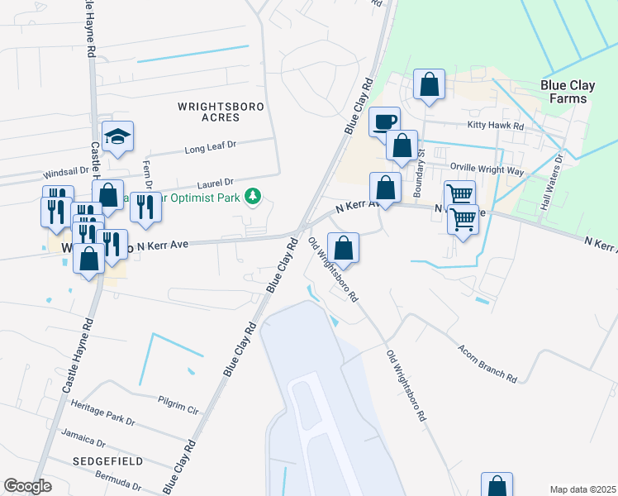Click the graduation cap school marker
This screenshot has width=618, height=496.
[118, 137]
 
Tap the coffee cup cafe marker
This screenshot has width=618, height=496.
[384, 122]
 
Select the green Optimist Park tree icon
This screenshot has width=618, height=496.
[256, 197]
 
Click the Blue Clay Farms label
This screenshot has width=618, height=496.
[564, 92]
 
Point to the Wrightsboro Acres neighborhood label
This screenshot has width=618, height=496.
[208, 112]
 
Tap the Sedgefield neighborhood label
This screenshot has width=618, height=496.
[107, 460]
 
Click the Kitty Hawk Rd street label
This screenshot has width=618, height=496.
[496, 126]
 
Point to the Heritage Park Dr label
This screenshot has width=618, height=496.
[102, 413]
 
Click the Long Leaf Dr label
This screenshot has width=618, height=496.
[211, 147]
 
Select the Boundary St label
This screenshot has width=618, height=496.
[419, 174]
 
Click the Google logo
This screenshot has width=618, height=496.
[27, 486]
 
